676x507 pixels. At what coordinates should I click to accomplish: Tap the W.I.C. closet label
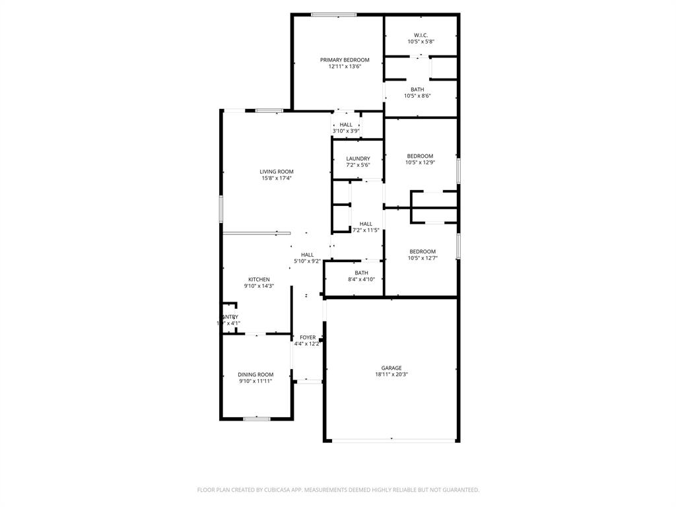pyautogui.click(x=421, y=35)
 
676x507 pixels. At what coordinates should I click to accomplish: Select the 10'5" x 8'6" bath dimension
pyautogui.click(x=417, y=96)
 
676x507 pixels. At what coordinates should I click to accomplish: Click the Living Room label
pyautogui.click(x=276, y=172)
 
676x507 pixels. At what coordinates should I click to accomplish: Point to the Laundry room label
pyautogui.click(x=358, y=158)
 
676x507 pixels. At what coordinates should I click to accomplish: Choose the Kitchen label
pyautogui.click(x=259, y=279)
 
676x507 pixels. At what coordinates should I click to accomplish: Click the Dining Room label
pyautogui.click(x=255, y=374)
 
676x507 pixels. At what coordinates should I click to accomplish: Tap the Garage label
pyautogui.click(x=391, y=368)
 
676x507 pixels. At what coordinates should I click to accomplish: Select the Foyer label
pyautogui.click(x=308, y=337)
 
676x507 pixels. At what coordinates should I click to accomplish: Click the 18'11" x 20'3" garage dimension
pyautogui.click(x=391, y=374)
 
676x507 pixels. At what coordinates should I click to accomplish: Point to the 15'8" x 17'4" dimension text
pyautogui.click(x=276, y=178)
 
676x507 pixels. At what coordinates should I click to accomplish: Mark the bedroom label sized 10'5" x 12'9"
pyautogui.click(x=420, y=156)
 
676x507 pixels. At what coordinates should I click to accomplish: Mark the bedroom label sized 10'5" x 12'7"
pyautogui.click(x=422, y=251)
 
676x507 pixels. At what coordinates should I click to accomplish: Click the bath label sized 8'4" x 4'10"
pyautogui.click(x=361, y=273)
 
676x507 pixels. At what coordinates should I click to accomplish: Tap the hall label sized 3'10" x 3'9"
pyautogui.click(x=346, y=125)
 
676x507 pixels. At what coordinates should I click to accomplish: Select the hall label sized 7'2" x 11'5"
pyautogui.click(x=366, y=224)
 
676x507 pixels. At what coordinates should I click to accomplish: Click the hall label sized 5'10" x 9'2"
pyautogui.click(x=307, y=255)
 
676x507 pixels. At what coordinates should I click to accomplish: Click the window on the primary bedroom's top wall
pyautogui.click(x=334, y=15)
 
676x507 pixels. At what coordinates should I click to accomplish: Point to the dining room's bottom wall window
pyautogui.click(x=256, y=419)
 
